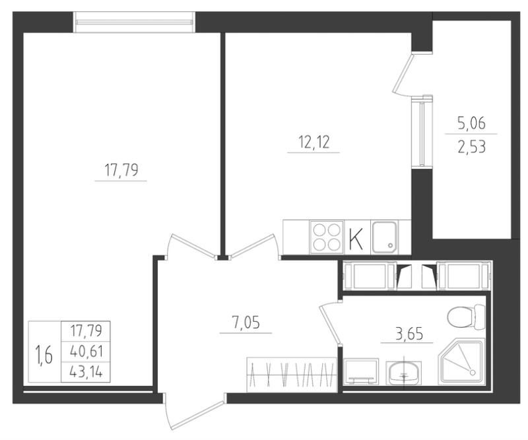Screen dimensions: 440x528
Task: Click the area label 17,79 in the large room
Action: [121, 172]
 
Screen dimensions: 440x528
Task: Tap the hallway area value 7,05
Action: [245, 324]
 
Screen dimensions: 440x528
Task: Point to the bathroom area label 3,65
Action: [407, 334]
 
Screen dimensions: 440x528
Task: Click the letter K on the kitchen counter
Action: [356, 238]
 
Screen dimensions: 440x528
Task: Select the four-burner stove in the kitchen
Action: [325, 237]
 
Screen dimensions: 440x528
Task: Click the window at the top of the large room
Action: [135, 22]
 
